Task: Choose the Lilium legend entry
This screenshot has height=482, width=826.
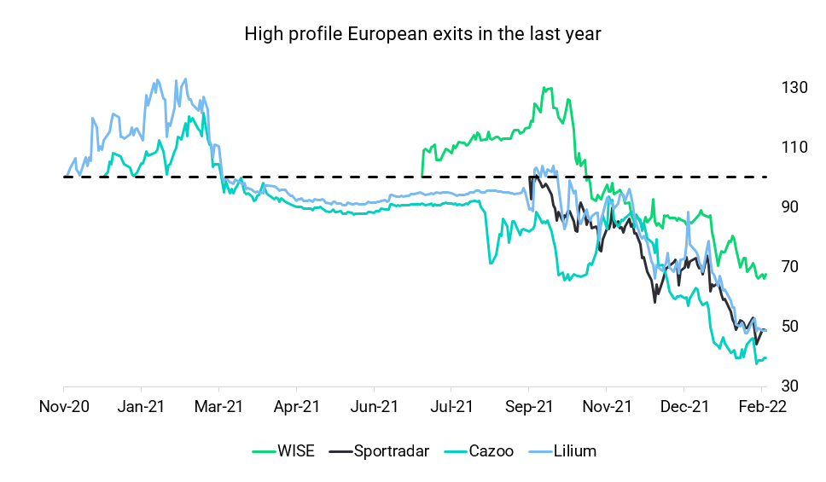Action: (x=573, y=451)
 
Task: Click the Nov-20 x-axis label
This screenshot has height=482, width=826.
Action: (x=65, y=406)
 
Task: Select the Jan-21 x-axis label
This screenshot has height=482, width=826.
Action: (x=141, y=406)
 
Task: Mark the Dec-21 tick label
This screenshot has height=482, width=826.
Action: (x=684, y=406)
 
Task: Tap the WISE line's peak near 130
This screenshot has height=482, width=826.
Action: (x=546, y=88)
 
